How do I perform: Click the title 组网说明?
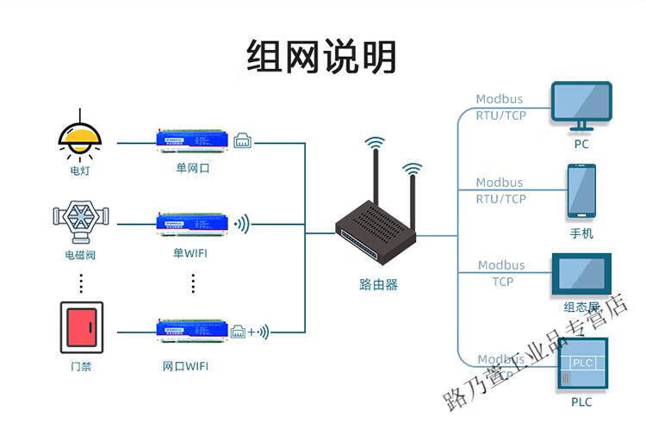click(x=321, y=58)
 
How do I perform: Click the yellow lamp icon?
click(x=79, y=138)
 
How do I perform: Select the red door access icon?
click(x=81, y=327)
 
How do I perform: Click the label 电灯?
click(x=80, y=171)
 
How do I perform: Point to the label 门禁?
click(x=81, y=367)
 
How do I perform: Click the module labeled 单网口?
click(x=193, y=138)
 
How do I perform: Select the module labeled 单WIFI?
click(x=193, y=224)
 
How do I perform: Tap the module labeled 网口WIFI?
click(x=193, y=328)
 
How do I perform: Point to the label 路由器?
click(x=378, y=284)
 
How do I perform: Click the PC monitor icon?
click(x=581, y=104)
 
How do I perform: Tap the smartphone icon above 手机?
click(x=581, y=191)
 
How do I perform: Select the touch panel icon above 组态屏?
click(x=581, y=275)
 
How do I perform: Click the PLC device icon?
click(x=581, y=364)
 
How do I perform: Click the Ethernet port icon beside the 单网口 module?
click(x=242, y=139)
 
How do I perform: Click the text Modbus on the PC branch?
click(x=499, y=99)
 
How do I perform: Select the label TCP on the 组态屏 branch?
click(x=502, y=281)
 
